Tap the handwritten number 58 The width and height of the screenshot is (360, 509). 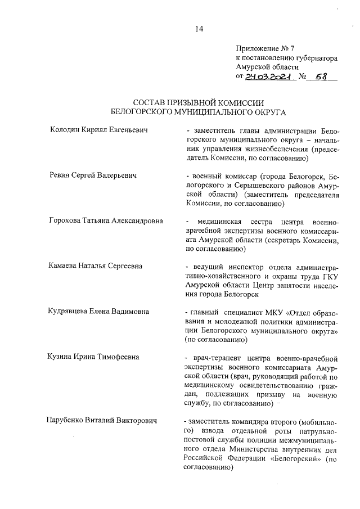tap(321, 78)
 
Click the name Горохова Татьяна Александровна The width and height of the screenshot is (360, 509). tap(106, 220)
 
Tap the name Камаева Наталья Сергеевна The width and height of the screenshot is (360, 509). tap(94, 265)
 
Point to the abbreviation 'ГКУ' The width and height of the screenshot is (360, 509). tap(332, 275)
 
